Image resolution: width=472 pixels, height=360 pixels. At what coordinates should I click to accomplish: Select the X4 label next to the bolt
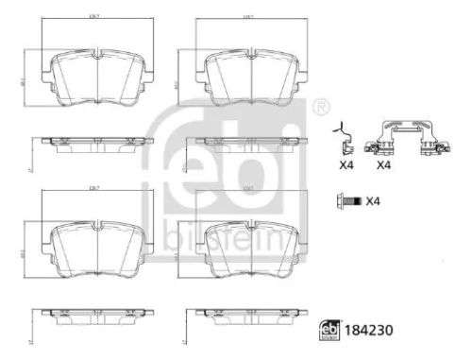(373, 201)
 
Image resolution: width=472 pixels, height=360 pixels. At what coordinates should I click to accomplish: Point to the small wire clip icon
(346, 141)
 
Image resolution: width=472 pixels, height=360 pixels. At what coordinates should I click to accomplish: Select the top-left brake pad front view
(99, 77)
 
